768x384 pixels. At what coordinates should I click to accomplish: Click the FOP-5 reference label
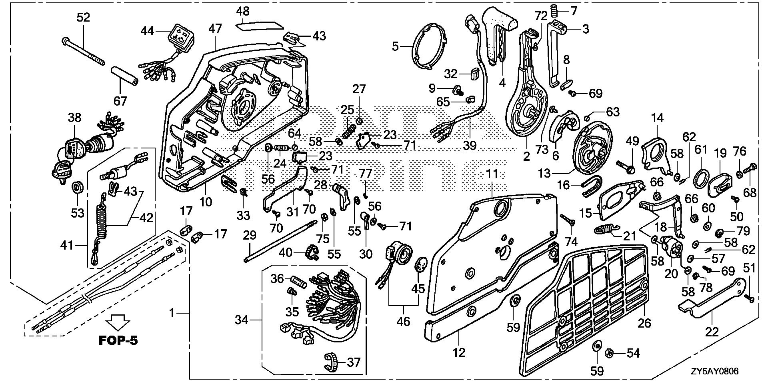point(118,341)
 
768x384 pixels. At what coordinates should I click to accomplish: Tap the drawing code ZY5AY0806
point(714,372)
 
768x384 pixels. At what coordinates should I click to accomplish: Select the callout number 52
point(83,17)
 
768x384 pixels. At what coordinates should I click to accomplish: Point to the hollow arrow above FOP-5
point(118,321)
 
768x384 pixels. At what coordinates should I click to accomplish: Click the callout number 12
point(459,352)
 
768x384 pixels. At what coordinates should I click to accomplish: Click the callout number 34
point(241,320)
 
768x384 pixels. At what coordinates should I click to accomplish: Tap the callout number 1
point(172,312)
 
